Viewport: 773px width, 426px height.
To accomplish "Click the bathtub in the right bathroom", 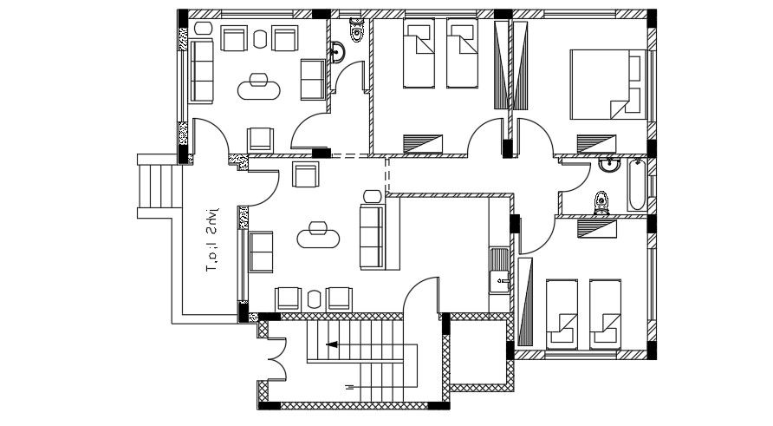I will pos(636,185).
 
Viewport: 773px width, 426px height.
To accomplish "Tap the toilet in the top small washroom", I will pos(355,29).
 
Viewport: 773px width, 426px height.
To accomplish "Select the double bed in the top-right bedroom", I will pos(607,83).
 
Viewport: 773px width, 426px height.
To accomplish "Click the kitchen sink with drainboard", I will pos(499,270).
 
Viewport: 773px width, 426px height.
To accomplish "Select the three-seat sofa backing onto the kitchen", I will pos(372,236).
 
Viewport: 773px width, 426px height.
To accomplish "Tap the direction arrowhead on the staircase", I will pos(330,344).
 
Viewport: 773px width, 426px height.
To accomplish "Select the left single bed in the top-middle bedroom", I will pos(419,55).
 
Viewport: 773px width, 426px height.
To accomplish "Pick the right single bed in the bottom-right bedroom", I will pos(604,311).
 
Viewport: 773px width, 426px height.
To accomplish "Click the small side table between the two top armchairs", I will pos(260,37).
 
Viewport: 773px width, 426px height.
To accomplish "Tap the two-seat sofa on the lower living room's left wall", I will pos(261,251).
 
